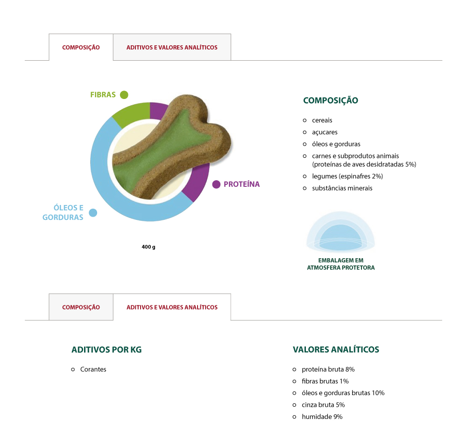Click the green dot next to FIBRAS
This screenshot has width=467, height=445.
124,95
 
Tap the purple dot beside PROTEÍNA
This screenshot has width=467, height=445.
216,184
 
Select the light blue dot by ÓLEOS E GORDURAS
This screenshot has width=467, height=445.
93,212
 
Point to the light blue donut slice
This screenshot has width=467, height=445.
119,191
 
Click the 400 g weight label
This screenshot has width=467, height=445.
149,247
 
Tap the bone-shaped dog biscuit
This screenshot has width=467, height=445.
171,148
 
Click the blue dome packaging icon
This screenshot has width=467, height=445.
340,232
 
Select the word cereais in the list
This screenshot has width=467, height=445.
322,120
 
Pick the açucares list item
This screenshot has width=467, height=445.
325,132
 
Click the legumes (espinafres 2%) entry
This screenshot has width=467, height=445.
347,177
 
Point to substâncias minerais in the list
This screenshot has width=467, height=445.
342,188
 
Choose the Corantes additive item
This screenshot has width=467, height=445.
93,369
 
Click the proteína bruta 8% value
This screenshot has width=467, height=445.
328,369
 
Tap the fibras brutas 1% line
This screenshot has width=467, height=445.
325,381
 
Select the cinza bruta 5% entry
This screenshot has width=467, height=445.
323,405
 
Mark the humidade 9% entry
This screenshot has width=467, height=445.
322,417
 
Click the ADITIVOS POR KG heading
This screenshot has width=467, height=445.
106,350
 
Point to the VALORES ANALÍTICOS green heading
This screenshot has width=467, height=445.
336,349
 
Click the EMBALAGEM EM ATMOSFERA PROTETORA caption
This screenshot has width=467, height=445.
341,264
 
